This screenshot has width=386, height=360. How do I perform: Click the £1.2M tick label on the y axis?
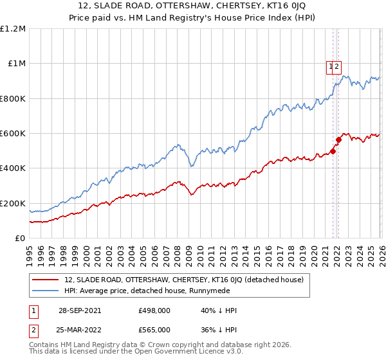(13, 29)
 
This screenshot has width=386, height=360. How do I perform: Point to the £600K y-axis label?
(13, 134)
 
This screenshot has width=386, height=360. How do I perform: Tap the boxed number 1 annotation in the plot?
(331, 66)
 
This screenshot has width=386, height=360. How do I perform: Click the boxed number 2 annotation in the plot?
(337, 66)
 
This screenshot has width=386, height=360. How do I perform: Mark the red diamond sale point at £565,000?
(338, 139)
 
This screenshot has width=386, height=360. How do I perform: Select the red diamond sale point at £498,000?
(333, 151)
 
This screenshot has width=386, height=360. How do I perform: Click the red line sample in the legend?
(45, 280)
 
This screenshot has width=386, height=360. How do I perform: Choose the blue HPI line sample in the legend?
(45, 290)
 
